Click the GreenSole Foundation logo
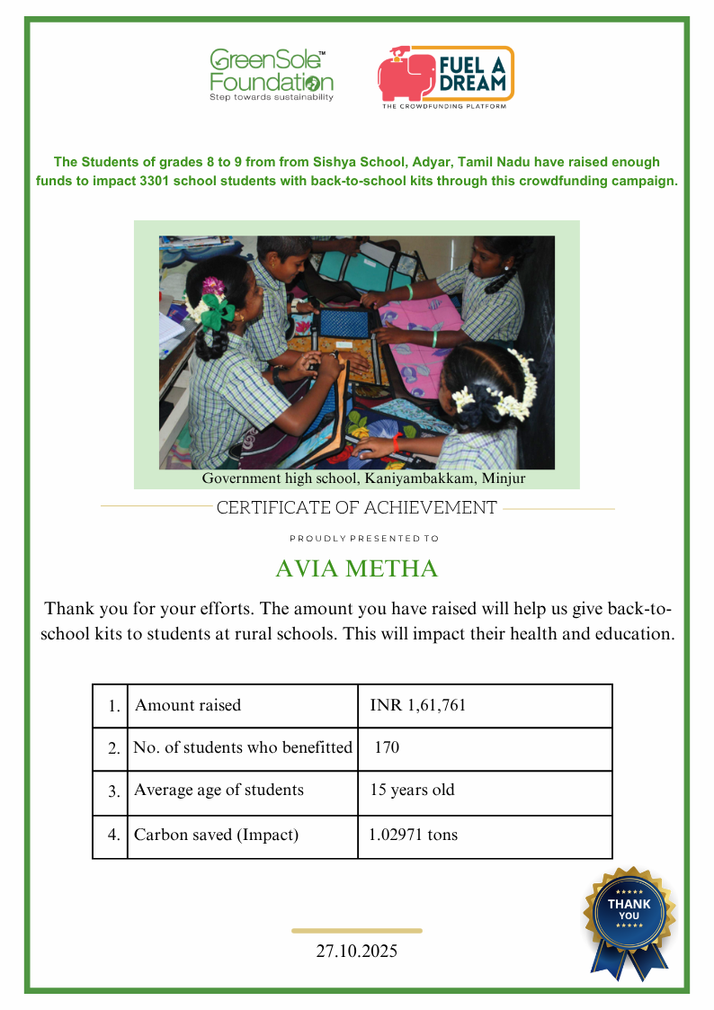pyautogui.click(x=271, y=75)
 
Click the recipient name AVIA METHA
pyautogui.click(x=356, y=569)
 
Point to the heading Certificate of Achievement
pyautogui.click(x=356, y=508)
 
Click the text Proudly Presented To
pyautogui.click(x=364, y=539)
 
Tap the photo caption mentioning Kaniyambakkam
pyautogui.click(x=363, y=479)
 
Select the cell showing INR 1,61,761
pyautogui.click(x=418, y=706)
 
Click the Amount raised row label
pyautogui.click(x=188, y=706)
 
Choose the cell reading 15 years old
pyautogui.click(x=413, y=791)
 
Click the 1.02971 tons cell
pyautogui.click(x=414, y=835)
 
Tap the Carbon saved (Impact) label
pyautogui.click(x=216, y=835)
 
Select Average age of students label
pyautogui.click(x=219, y=791)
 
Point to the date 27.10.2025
pyautogui.click(x=356, y=951)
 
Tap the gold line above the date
pyautogui.click(x=357, y=931)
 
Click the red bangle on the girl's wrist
pyautogui.click(x=397, y=442)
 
